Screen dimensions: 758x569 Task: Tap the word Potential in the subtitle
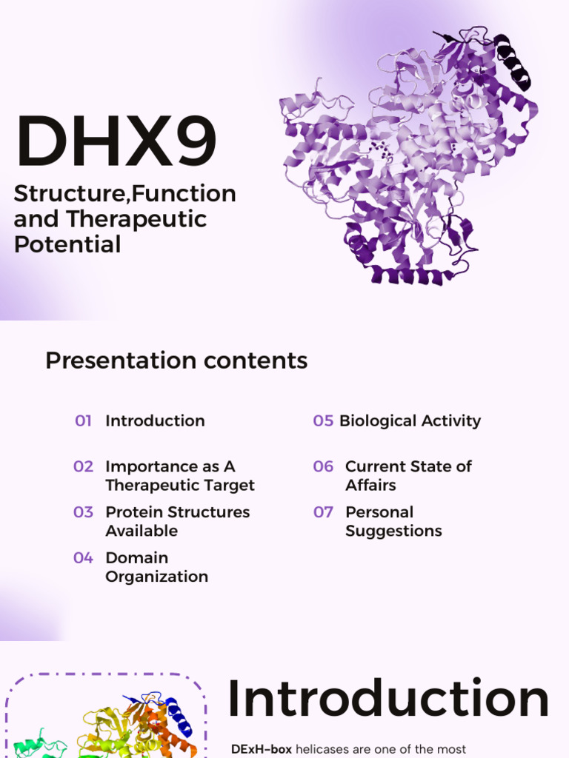pos(67,244)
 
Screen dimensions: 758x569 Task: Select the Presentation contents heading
pos(176,360)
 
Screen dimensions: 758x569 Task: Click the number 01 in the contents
pos(83,421)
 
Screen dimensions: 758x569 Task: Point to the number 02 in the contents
pos(83,466)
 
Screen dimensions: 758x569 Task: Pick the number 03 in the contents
pos(83,512)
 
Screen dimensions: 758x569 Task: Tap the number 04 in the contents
pos(83,558)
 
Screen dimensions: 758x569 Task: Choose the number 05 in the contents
pos(323,421)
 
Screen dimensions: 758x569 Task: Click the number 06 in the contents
pos(323,466)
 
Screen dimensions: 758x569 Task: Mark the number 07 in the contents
pos(323,512)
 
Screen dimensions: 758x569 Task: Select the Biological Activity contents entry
pos(410,421)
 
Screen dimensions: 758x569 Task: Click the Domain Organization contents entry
pos(156,567)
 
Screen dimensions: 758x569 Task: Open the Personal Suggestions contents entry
pos(393,522)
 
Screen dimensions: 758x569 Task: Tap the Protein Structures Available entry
pos(177,522)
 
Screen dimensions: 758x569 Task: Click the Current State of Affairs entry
pos(408,476)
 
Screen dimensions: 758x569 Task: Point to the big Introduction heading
pos(388,700)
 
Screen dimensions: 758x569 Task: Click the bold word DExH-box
pos(262,749)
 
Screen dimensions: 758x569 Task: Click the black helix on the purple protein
pos(513,61)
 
